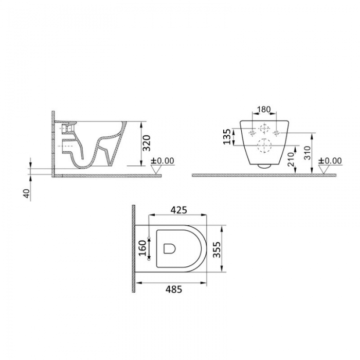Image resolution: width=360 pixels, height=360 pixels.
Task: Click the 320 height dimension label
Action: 147,143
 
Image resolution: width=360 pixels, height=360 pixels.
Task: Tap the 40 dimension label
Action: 27,193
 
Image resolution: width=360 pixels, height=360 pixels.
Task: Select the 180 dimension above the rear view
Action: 264,109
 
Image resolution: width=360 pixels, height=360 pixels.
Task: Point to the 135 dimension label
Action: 227,137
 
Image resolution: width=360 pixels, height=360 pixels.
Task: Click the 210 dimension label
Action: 291,159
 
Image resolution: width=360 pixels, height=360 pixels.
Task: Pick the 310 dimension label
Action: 308,153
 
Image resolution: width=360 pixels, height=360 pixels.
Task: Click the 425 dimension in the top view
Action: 179,210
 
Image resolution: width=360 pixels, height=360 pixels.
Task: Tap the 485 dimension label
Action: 174,289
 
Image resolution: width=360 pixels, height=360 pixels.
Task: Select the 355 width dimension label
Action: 217,249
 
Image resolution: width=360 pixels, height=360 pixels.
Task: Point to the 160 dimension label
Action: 142,248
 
